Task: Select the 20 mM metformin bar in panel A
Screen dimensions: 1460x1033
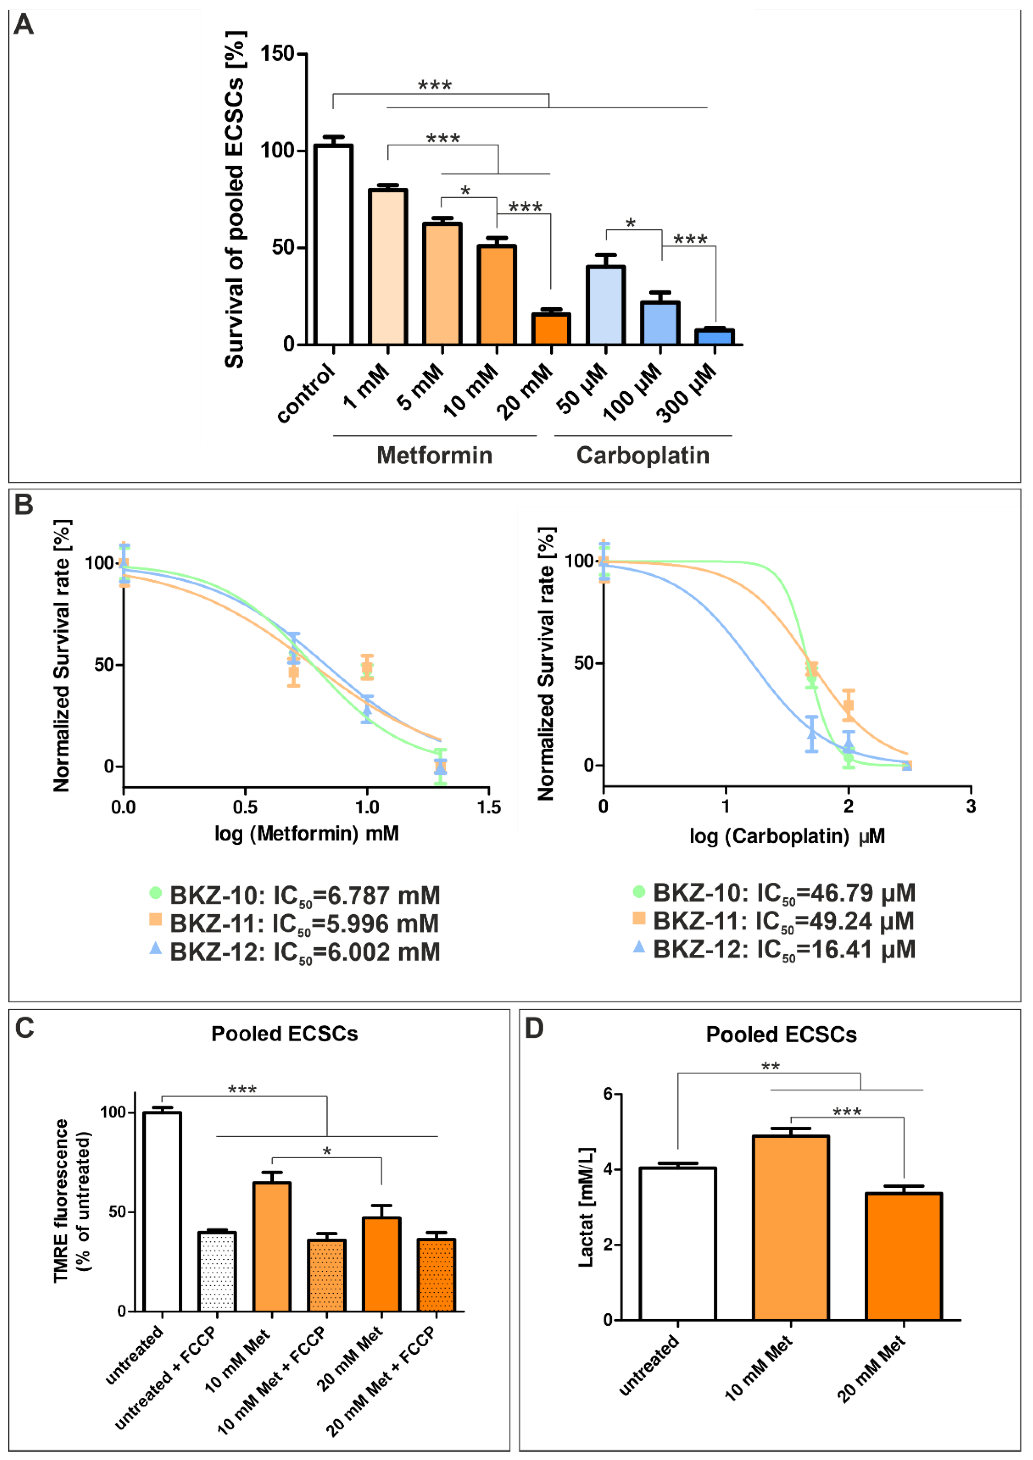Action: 551,329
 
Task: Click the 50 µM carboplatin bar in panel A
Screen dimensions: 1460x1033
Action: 606,305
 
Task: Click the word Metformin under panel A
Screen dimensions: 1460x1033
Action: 434,456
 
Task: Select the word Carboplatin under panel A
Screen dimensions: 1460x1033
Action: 642,456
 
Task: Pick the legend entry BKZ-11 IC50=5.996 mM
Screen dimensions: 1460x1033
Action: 304,924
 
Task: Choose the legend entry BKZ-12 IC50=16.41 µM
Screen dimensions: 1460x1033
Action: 784,950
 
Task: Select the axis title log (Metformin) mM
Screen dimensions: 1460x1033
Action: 307,833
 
